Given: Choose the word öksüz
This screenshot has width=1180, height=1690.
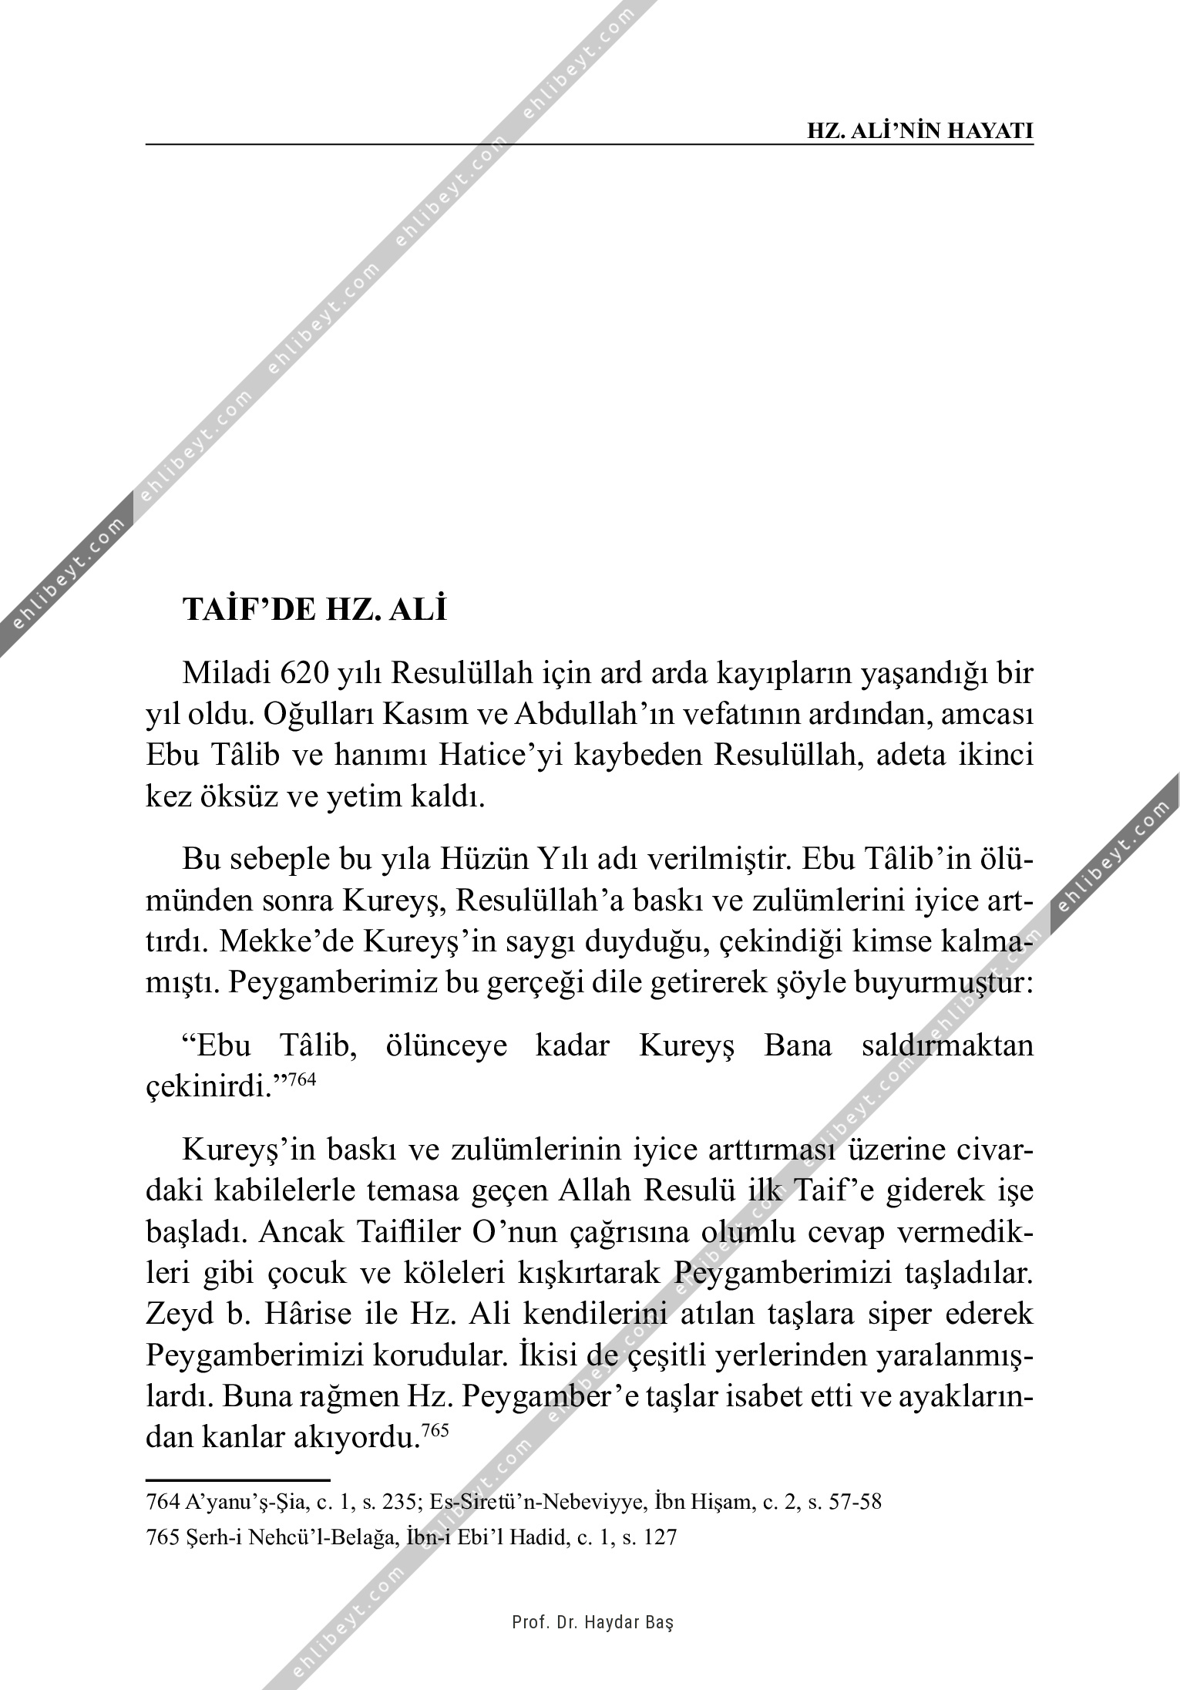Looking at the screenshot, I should (x=237, y=796).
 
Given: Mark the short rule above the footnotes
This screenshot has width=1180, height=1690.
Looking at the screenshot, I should (x=237, y=1480).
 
